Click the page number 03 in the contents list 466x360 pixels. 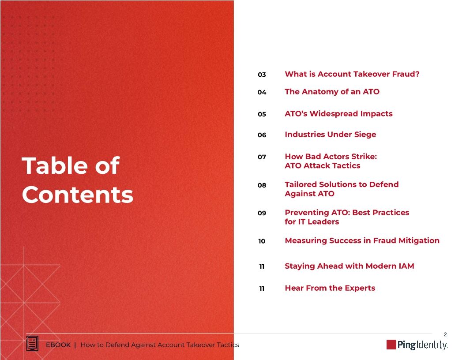pyautogui.click(x=262, y=75)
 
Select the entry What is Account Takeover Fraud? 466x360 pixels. pyautogui.click(x=352, y=74)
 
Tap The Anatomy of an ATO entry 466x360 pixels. pyautogui.click(x=332, y=92)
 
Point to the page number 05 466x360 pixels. pyautogui.click(x=262, y=114)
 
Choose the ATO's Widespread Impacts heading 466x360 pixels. pyautogui.click(x=338, y=114)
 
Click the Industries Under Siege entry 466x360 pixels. pyautogui.click(x=330, y=135)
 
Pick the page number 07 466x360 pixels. pyautogui.click(x=262, y=157)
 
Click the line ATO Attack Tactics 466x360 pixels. pyautogui.click(x=322, y=166)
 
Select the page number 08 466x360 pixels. pyautogui.click(x=262, y=185)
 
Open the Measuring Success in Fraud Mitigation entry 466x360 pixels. pyautogui.click(x=362, y=241)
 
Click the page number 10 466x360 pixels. pyautogui.click(x=262, y=241)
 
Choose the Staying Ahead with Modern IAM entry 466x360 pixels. pyautogui.click(x=349, y=266)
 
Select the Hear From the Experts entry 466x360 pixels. pyautogui.click(x=330, y=289)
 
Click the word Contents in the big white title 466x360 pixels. pyautogui.click(x=78, y=195)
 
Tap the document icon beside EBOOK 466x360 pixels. pyautogui.click(x=33, y=344)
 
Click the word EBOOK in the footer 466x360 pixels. pyautogui.click(x=58, y=345)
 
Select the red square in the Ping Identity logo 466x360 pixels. pyautogui.click(x=391, y=345)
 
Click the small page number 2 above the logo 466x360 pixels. pyautogui.click(x=445, y=334)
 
